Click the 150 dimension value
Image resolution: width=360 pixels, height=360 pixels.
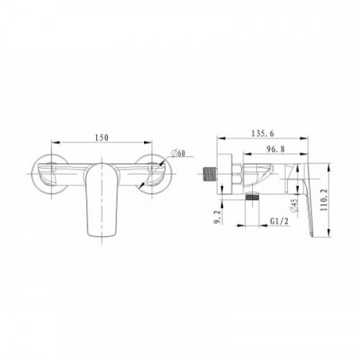click(102, 138)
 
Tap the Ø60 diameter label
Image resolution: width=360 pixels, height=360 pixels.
click(179, 153)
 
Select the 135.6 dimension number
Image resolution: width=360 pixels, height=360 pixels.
click(262, 133)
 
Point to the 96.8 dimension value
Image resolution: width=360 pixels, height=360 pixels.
click(276, 149)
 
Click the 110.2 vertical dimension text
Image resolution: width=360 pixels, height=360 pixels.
click(324, 199)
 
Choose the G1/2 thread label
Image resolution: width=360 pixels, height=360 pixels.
click(279, 221)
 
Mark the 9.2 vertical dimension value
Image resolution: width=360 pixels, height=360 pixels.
click(217, 217)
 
